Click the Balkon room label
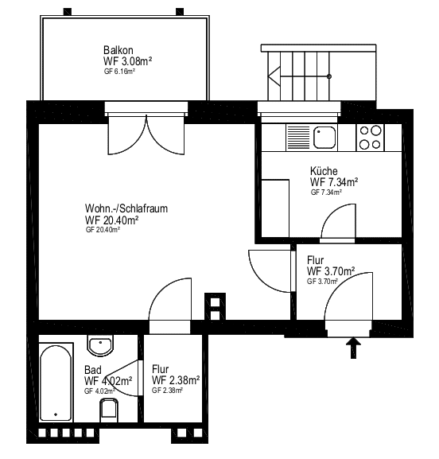pos(118,50)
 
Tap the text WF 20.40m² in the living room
pos(111,220)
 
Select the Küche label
pos(324,171)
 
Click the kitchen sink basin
pos(324,138)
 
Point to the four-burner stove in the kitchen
pos(371,138)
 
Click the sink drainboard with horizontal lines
pos(298,138)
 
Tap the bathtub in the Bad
pos(56,383)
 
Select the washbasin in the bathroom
pos(100,345)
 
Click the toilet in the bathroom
pos(109,410)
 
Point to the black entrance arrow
pos(354,348)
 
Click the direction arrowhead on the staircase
pos(274,76)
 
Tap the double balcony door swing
pos(146,135)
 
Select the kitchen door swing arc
pos(339,221)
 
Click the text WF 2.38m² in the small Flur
pos(176,380)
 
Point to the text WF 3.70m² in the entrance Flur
pos(331,271)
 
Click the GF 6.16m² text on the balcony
pos(119,72)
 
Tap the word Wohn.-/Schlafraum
pos(126,208)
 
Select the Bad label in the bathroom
pos(93,370)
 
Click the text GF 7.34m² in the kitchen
pos(326,193)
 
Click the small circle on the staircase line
pos(329,76)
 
